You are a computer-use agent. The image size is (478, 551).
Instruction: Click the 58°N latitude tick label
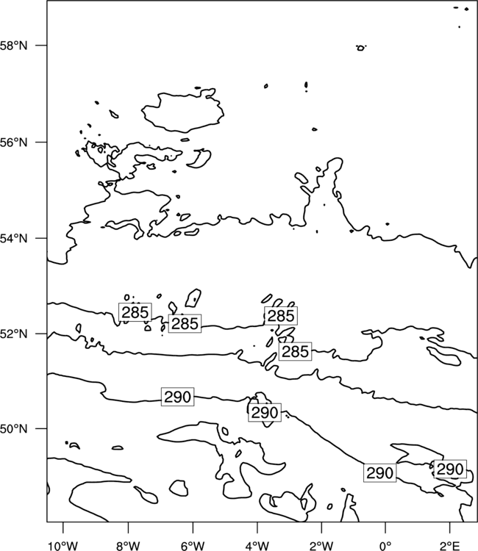point(14,46)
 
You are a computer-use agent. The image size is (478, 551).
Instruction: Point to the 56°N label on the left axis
point(14,143)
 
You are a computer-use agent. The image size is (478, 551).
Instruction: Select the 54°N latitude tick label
point(14,238)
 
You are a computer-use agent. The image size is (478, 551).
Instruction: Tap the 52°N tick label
point(14,334)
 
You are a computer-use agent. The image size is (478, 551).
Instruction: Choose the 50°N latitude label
point(14,429)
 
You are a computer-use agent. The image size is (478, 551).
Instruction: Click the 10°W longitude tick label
point(63,546)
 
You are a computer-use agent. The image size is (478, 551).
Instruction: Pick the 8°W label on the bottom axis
point(128,546)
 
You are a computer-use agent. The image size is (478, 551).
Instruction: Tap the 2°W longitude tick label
point(321,546)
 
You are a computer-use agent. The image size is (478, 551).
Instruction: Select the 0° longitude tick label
point(386,546)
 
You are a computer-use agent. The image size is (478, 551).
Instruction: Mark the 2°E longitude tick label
point(450,546)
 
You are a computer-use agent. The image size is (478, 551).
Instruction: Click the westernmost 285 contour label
point(135,312)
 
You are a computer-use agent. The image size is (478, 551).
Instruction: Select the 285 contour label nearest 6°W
point(185,323)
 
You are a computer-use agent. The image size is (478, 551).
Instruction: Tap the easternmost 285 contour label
point(295,351)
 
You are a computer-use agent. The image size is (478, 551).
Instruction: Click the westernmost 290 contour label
point(178,397)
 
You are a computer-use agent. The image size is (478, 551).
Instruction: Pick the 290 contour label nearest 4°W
point(265,413)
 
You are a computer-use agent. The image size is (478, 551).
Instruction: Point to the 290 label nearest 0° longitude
point(380,473)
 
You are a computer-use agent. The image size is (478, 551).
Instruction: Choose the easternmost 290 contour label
point(450,469)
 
